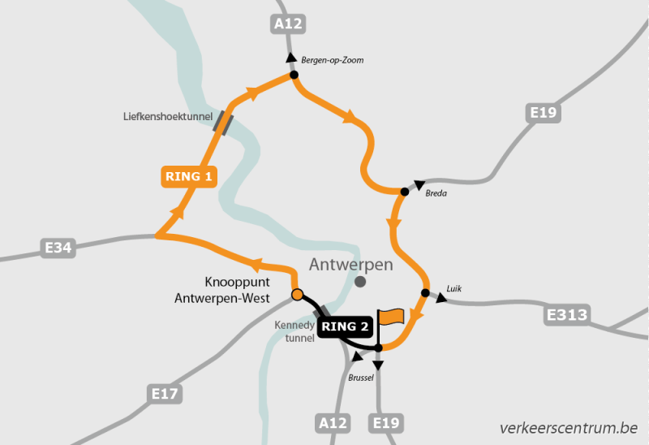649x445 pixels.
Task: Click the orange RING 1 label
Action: [x=189, y=176]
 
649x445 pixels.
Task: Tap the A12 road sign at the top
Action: [x=288, y=24]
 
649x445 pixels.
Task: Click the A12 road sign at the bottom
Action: [x=333, y=423]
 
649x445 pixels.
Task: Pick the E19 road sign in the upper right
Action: [x=542, y=113]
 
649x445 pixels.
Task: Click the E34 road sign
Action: [x=58, y=247]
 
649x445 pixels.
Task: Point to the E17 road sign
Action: [x=165, y=395]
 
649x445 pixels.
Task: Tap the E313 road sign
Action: [x=567, y=314]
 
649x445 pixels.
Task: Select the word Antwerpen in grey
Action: [x=351, y=265]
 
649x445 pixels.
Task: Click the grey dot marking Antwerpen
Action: [x=360, y=282]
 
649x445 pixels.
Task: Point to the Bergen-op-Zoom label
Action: [x=333, y=60]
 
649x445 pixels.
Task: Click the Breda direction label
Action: [x=436, y=193]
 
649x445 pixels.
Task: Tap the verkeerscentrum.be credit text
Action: [x=569, y=427]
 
